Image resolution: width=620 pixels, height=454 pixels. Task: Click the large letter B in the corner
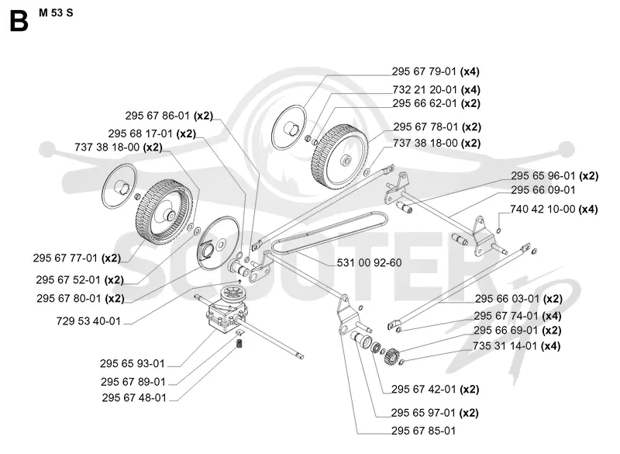click(19, 21)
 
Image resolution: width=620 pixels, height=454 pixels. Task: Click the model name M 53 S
click(56, 13)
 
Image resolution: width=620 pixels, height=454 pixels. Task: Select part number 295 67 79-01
click(424, 71)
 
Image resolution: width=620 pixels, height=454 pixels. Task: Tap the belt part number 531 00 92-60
click(370, 263)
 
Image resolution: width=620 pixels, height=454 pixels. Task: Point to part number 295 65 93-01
click(132, 363)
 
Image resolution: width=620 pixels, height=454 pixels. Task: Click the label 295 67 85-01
click(423, 431)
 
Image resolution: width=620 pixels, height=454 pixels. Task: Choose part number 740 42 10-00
click(542, 209)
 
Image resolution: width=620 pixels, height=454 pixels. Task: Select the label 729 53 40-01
click(88, 321)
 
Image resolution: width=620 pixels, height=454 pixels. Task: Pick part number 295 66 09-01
click(543, 190)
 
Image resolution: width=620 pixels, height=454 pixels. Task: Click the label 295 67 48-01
click(134, 398)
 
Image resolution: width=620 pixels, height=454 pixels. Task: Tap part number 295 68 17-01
click(140, 133)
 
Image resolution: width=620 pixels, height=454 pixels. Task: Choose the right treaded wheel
click(339, 156)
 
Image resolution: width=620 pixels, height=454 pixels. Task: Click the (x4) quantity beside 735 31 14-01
click(551, 346)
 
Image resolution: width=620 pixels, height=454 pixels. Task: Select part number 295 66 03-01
click(508, 299)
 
